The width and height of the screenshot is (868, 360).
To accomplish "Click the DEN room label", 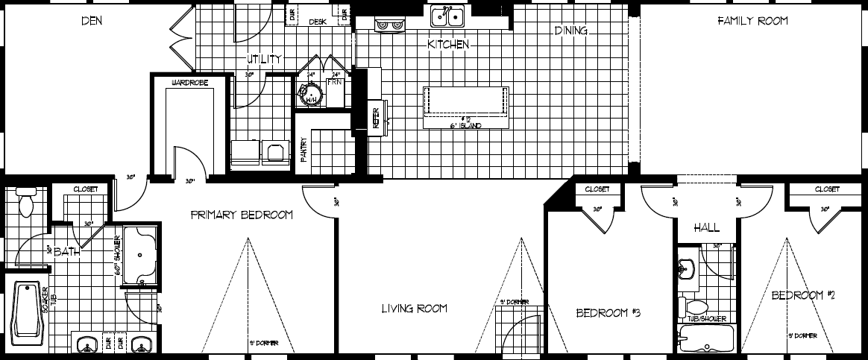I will point(92,22).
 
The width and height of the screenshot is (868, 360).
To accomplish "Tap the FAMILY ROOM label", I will point(752,22).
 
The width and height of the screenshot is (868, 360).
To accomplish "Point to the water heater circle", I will point(308,95).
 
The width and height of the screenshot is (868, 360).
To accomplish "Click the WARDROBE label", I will point(189,82).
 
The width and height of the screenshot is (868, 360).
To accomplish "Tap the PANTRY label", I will point(304,149).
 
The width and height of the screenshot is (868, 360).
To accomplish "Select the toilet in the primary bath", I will point(28,201).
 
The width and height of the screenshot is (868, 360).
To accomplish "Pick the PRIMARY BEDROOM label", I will point(242,215).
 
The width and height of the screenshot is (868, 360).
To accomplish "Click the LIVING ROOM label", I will point(414,309).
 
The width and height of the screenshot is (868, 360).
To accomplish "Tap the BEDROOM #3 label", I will point(608,313).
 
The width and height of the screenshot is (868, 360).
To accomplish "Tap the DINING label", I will point(571,31).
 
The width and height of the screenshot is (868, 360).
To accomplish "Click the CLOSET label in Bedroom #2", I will point(827,189).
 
